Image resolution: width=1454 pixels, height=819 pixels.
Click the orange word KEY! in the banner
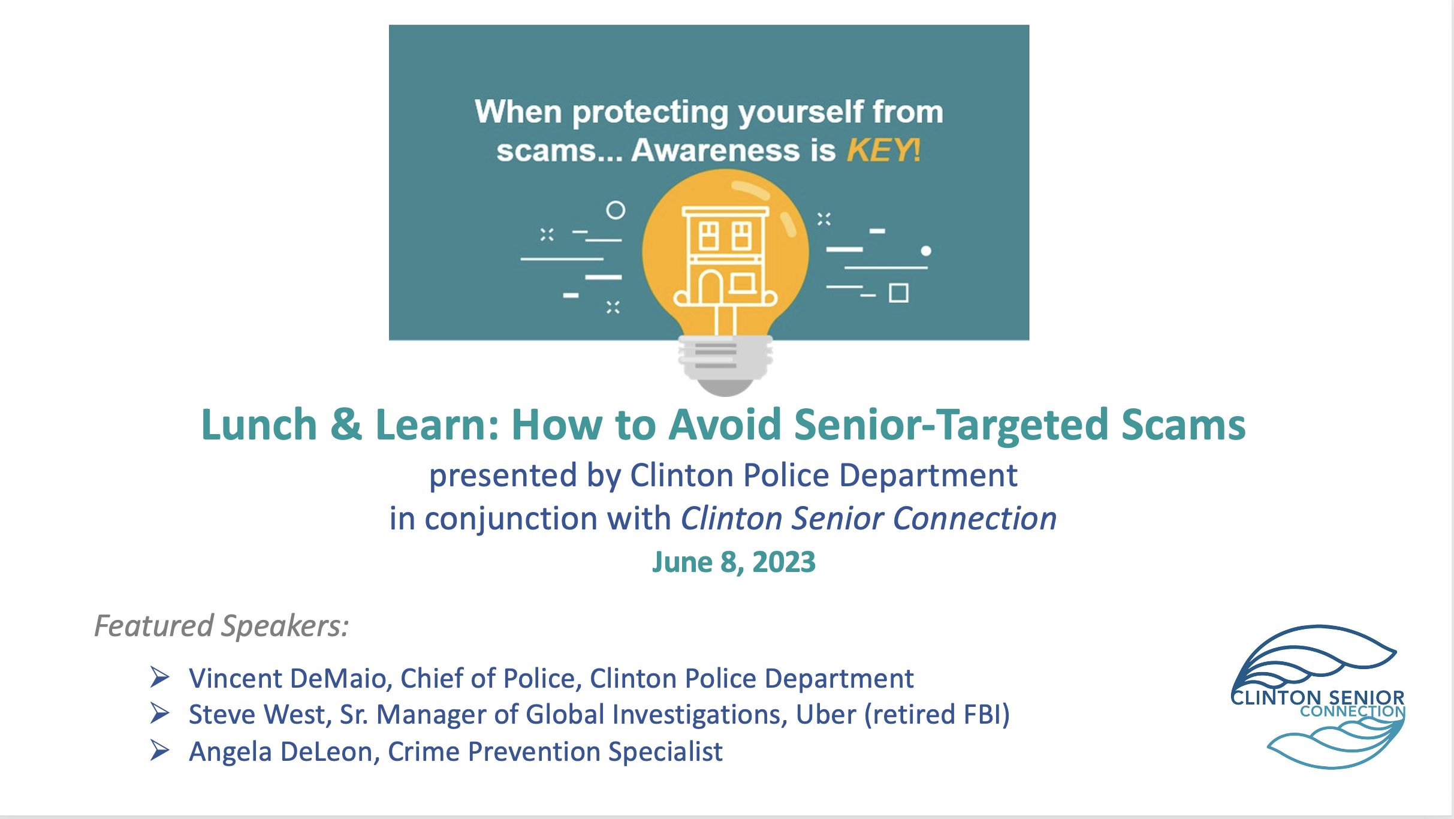pos(883,150)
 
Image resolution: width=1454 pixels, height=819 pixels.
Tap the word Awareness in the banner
pos(716,150)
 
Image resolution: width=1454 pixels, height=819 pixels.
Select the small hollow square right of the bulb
pos(898,293)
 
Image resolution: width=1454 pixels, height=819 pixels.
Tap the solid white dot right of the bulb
pos(926,251)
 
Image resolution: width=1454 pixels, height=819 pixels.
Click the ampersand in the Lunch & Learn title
pos(346,424)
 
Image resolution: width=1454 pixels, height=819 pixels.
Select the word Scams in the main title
pos(1183,424)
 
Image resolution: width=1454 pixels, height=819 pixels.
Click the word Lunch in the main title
pos(259,424)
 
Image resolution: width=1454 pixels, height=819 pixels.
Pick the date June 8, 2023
pos(734,562)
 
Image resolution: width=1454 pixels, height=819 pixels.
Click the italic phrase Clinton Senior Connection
pos(868,518)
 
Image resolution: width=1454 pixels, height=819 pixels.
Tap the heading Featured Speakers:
pos(222,626)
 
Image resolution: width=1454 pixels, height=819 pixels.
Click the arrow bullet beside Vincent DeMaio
pos(159,677)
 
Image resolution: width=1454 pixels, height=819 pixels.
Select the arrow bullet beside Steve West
pos(159,713)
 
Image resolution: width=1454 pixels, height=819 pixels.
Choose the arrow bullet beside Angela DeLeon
pos(159,750)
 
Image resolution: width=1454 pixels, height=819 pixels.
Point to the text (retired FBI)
pos(937,715)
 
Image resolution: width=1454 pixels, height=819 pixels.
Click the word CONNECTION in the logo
pos(1353,712)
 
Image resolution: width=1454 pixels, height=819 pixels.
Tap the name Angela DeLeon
pos(281,752)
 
